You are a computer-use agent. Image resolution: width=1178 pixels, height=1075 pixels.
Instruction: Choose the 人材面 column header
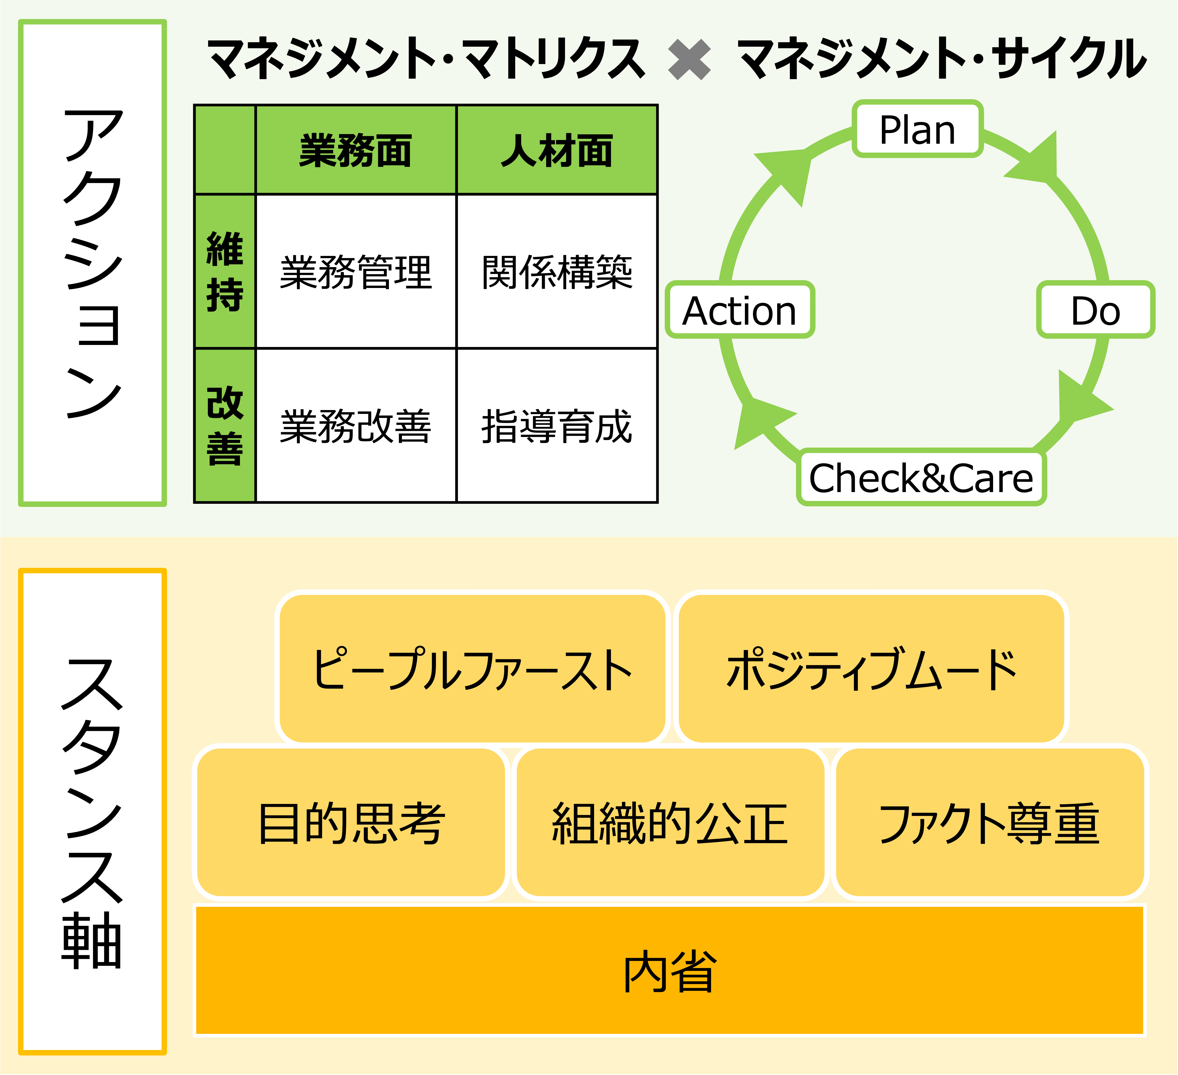557,150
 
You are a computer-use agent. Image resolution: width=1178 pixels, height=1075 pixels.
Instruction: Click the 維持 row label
225,272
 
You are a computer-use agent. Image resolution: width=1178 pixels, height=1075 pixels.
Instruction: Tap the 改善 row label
225,425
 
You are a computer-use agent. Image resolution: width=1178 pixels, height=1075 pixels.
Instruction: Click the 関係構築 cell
557,272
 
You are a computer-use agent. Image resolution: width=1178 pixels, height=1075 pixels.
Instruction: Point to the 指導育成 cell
557,425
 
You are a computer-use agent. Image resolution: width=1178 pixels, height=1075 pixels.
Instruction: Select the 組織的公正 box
670,823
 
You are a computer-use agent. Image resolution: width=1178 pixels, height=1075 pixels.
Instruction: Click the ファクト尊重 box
989,823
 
